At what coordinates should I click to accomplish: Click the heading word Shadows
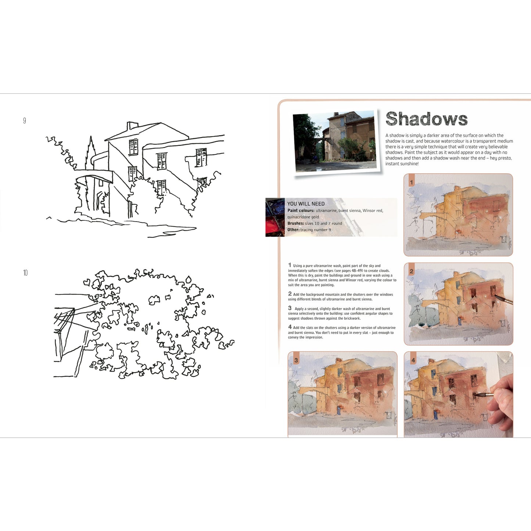click(x=426, y=119)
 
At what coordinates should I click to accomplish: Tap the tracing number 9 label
click(x=25, y=121)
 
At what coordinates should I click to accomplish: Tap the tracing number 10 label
click(x=25, y=273)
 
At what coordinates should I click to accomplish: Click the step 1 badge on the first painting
click(x=411, y=182)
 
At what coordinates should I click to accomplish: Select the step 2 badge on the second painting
click(x=411, y=271)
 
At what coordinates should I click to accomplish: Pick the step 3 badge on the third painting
click(x=296, y=360)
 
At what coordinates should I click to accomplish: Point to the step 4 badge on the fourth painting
click(x=413, y=360)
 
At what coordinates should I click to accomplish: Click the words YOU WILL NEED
click(x=306, y=204)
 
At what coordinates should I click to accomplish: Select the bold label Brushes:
click(x=296, y=223)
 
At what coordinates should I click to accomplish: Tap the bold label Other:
click(x=294, y=230)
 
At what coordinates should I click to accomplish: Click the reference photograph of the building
click(x=336, y=141)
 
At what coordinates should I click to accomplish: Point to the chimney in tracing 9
click(x=132, y=126)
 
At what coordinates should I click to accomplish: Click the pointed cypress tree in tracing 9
click(x=90, y=153)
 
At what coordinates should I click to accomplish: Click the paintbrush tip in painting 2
click(x=496, y=297)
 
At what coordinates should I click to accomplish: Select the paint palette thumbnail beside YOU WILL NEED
click(x=275, y=217)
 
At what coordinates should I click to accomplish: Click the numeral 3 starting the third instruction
click(x=290, y=308)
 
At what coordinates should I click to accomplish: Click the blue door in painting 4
click(x=436, y=415)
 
